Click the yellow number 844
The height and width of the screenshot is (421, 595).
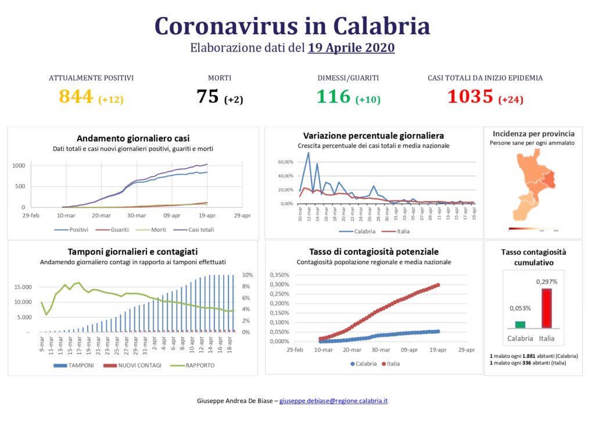76,96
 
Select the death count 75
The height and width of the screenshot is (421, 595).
207,96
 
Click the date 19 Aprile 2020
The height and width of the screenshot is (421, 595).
352,48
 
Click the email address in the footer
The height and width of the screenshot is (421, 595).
334,401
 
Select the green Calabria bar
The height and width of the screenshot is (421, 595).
520,325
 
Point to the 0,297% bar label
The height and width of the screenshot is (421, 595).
546,282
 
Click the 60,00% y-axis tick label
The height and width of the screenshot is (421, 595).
285,162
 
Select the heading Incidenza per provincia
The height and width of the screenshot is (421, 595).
533,133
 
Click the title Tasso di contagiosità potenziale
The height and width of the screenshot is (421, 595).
374,251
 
